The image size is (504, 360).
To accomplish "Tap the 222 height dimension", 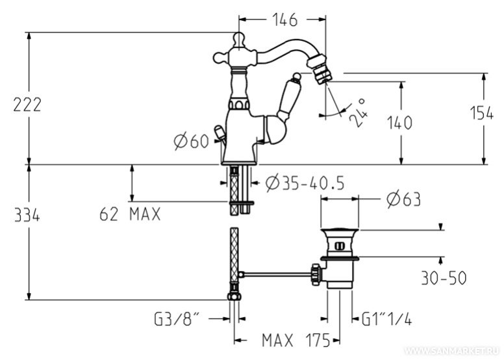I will tap(27, 104).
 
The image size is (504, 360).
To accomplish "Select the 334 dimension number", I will tap(27, 216).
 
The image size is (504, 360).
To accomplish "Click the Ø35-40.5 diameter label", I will tap(304, 185).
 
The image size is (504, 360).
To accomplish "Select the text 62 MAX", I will tap(130, 214).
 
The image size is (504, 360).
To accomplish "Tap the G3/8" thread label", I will tap(177, 319).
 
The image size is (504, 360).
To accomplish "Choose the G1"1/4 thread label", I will tap(387, 319).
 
